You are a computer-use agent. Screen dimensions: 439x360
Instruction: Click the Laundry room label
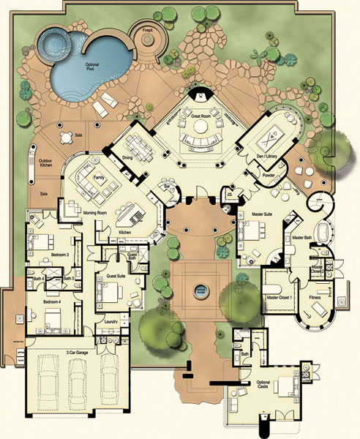tap(111, 322)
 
